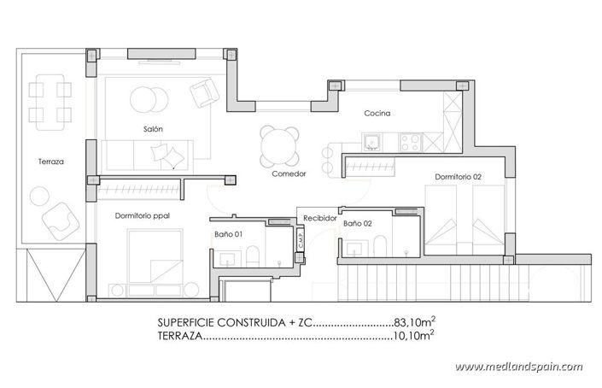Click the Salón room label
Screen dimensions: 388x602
coord(154,129)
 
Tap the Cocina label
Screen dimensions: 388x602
coord(377,113)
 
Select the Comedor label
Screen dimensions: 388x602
coord(289,173)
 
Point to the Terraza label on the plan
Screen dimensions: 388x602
coord(51,161)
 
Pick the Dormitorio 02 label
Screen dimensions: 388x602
coord(459,177)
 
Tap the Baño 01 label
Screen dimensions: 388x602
coord(228,233)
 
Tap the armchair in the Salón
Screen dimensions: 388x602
coord(202,91)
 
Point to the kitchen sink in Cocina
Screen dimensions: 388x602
coord(372,141)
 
